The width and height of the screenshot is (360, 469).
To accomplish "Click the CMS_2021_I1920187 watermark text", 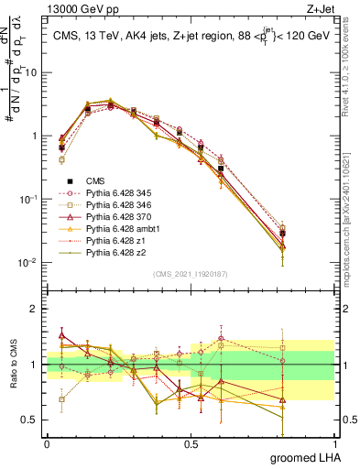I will point(189,274).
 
